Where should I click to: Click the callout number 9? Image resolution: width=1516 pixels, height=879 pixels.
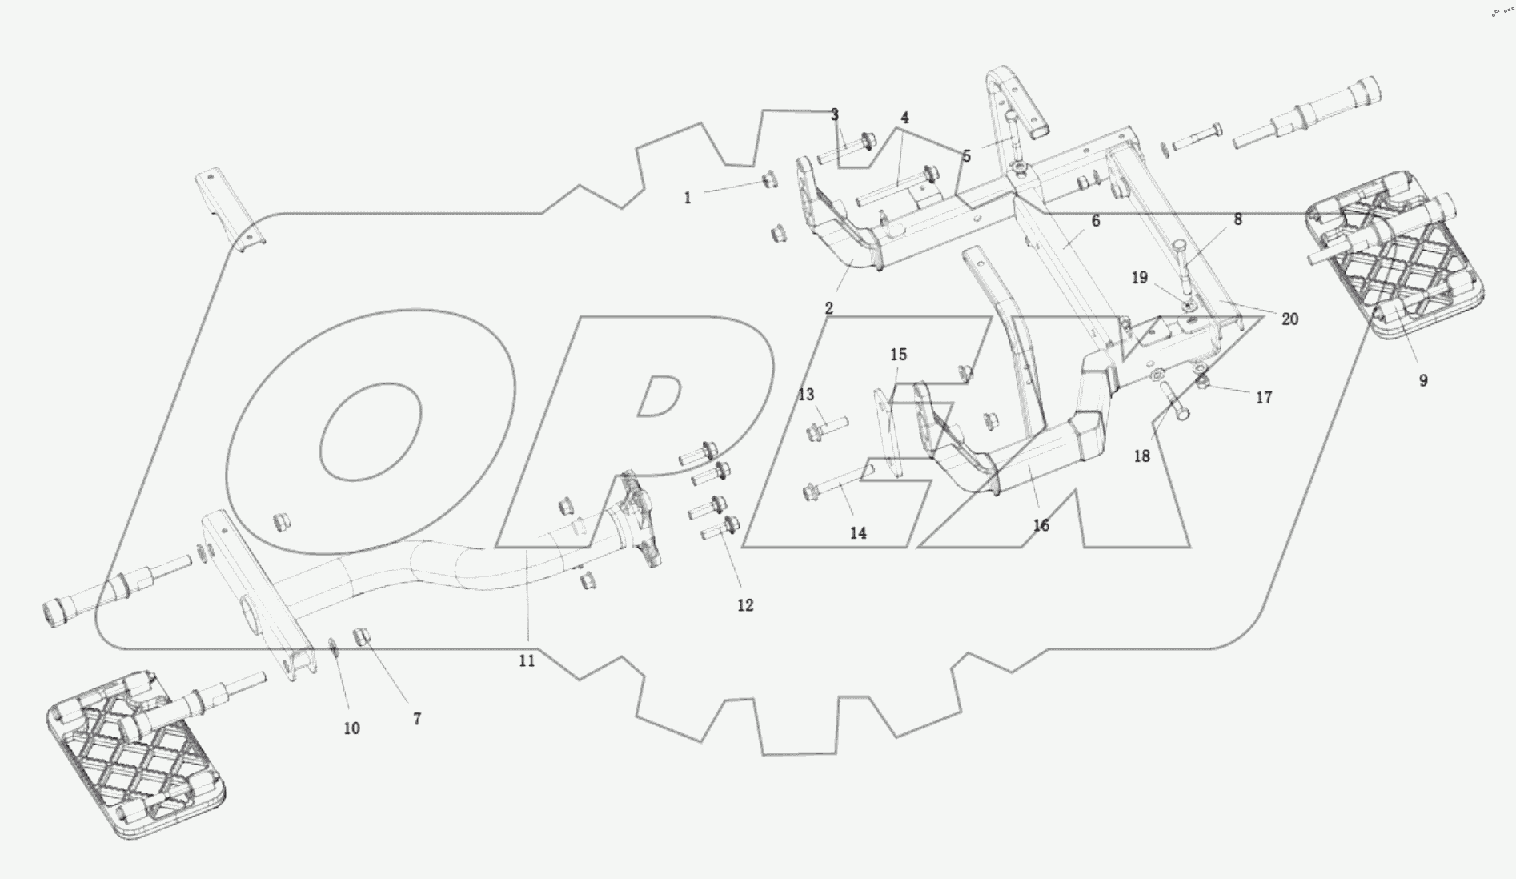point(1422,381)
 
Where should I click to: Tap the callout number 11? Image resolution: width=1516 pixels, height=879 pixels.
point(526,661)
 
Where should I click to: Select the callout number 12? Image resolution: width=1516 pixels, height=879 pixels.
point(744,606)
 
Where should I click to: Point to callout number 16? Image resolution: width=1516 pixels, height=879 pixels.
point(1041,526)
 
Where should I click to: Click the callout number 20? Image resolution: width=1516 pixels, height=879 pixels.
point(1289,319)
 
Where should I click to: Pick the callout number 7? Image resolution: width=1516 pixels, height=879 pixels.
point(417,720)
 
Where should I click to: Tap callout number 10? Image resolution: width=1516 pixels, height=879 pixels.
point(351,728)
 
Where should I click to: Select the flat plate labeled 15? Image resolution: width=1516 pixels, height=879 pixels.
point(888,433)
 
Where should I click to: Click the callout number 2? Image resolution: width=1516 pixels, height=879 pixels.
point(828,308)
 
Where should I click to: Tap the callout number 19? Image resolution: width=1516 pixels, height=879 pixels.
point(1139,278)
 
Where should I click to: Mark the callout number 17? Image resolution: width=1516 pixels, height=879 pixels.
point(1263,398)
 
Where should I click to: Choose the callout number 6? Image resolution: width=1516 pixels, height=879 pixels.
point(1095,221)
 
